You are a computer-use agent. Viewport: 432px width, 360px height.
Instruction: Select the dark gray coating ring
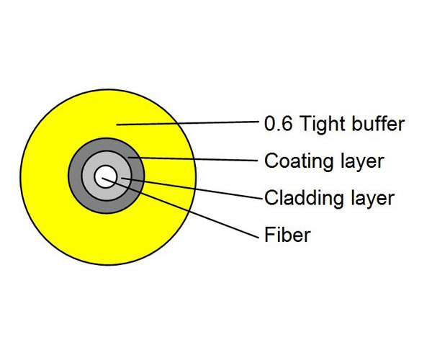point(75,176)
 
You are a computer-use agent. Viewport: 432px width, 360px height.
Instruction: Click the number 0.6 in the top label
point(278,124)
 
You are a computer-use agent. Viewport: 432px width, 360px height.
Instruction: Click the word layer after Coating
point(363,162)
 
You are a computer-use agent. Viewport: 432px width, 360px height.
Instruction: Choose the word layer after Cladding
point(373,199)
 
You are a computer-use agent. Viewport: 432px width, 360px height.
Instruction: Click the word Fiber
point(287,235)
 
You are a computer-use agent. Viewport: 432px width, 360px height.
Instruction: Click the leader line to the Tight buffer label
point(188,123)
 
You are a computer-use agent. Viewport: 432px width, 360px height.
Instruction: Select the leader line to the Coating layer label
point(193,158)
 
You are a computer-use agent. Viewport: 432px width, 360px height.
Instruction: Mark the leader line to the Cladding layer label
point(192,189)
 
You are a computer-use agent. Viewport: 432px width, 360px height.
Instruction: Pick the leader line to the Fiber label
point(181,207)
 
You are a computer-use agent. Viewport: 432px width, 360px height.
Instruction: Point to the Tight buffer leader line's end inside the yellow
point(117,125)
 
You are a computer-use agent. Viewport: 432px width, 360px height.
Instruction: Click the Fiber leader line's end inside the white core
point(102,178)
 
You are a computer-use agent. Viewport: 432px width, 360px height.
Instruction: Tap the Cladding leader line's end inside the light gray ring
point(122,179)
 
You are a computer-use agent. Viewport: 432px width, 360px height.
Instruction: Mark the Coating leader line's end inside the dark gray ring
point(128,157)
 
